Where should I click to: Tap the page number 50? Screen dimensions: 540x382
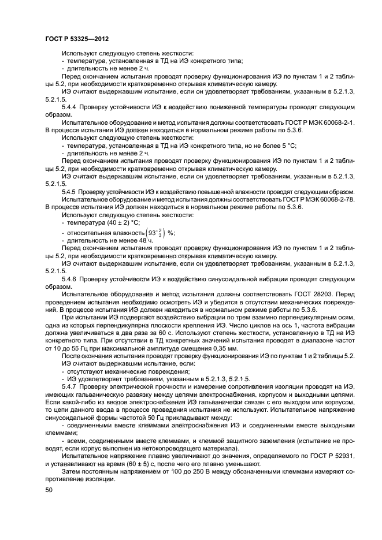[x=49, y=490]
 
